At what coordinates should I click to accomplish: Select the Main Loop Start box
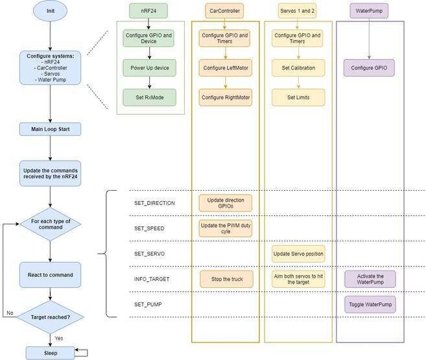(50, 129)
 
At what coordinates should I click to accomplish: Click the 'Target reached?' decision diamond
(50, 317)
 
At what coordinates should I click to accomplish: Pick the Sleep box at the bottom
(50, 353)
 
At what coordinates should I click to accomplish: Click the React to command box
(50, 275)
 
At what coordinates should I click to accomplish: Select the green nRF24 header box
(150, 12)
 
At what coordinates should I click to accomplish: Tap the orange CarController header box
(225, 12)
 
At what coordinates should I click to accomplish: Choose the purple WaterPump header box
(369, 12)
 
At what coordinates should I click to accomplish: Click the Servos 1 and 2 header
(298, 12)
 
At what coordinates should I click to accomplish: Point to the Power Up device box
(150, 67)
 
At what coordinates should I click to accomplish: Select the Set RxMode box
(150, 97)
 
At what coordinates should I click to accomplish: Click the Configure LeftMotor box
(225, 67)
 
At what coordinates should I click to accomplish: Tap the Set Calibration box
(298, 67)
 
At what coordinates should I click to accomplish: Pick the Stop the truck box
(225, 280)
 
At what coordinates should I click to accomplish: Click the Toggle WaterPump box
(370, 304)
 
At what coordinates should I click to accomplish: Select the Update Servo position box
(298, 254)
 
